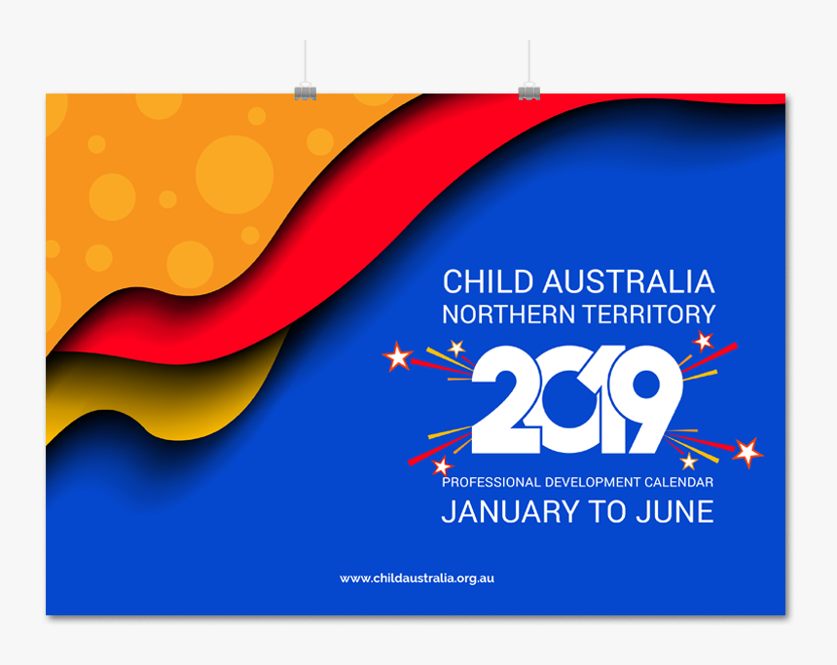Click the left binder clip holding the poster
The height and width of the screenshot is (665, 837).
pyautogui.click(x=306, y=92)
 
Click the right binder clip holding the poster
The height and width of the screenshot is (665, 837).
pyautogui.click(x=528, y=92)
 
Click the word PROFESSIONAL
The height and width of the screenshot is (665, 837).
pyautogui.click(x=489, y=482)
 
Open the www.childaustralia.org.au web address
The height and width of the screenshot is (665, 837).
pyautogui.click(x=417, y=578)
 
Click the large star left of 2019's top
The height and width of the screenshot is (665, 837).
pyautogui.click(x=397, y=357)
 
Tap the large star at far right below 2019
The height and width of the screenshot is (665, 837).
pyautogui.click(x=747, y=452)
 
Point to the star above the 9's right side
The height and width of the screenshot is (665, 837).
pyautogui.click(x=702, y=341)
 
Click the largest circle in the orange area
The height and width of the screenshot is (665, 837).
pyautogui.click(x=235, y=174)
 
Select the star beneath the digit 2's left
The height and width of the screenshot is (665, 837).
pyautogui.click(x=443, y=466)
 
